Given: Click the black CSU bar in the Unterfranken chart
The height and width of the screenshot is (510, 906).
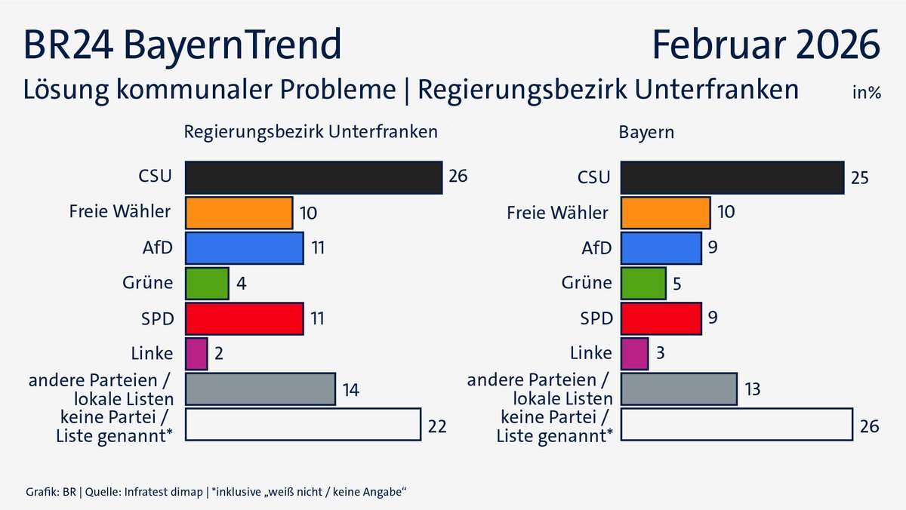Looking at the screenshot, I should point(313,178).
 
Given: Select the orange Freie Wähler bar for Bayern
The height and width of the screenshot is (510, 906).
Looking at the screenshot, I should point(665,213).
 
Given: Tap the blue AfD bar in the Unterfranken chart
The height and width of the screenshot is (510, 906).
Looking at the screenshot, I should point(244,248).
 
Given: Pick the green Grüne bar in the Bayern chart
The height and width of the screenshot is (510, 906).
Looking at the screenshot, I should point(643,283).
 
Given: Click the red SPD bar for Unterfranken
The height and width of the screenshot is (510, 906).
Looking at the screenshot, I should point(244,318).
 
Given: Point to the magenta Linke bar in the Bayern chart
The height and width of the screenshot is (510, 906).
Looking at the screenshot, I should point(634,353).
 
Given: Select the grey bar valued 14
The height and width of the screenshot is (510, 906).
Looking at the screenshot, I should point(260,389).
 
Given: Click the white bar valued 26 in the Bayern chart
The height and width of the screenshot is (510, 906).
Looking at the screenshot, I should point(736,424).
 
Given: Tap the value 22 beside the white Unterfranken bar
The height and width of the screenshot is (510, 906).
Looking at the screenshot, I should point(437,426).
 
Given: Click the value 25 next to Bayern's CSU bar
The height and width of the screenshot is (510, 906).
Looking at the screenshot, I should point(859,179).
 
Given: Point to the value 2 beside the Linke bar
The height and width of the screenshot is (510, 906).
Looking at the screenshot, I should point(217,354).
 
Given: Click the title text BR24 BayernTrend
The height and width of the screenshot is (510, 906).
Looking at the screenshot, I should point(183,45).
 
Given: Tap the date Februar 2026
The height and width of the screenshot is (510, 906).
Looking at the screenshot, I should point(766,45).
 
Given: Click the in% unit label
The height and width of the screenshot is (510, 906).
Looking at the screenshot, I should point(867,94).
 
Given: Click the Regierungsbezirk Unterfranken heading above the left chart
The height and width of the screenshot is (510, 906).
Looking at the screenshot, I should point(311,131).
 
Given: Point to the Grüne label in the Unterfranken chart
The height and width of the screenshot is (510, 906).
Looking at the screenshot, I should point(147,283).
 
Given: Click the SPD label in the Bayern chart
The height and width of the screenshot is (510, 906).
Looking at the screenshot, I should point(596,318).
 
